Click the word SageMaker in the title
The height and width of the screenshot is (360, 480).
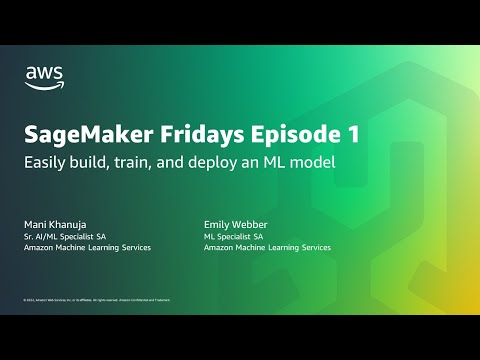[x=78, y=135]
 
